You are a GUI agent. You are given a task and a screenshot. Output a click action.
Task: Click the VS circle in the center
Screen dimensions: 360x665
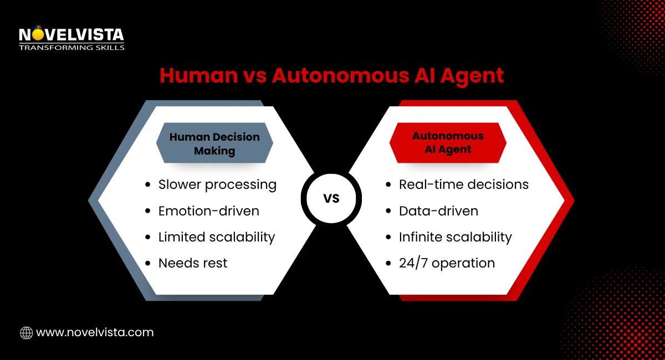click(x=331, y=198)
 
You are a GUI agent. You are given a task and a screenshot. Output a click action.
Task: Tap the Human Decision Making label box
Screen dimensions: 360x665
click(x=214, y=143)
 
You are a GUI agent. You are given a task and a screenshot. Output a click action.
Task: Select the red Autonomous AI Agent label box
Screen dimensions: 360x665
click(x=448, y=142)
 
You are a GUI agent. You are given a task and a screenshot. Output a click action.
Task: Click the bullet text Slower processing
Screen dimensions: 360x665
click(x=217, y=184)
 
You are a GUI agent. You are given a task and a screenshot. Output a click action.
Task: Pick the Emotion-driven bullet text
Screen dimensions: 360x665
click(x=208, y=210)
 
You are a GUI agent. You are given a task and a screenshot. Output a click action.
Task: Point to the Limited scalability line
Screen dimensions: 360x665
click(x=217, y=237)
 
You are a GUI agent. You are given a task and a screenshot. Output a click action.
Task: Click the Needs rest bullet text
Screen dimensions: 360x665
click(x=193, y=263)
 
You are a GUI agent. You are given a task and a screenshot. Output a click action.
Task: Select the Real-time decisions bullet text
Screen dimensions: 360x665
click(x=464, y=184)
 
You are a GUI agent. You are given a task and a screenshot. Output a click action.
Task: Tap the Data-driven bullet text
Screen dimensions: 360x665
click(x=438, y=210)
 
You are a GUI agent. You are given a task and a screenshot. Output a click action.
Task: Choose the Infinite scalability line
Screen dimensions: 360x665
click(x=455, y=237)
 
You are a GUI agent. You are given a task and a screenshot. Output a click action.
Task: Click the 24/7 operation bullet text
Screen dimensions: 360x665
click(x=447, y=263)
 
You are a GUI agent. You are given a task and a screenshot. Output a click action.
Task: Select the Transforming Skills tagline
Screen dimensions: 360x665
click(x=71, y=48)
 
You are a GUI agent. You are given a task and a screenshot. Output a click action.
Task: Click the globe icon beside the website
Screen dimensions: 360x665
click(x=26, y=333)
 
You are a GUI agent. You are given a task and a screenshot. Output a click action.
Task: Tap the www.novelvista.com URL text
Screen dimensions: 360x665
click(x=95, y=333)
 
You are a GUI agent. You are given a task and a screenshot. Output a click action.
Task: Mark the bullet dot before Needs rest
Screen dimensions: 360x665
click(x=147, y=264)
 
